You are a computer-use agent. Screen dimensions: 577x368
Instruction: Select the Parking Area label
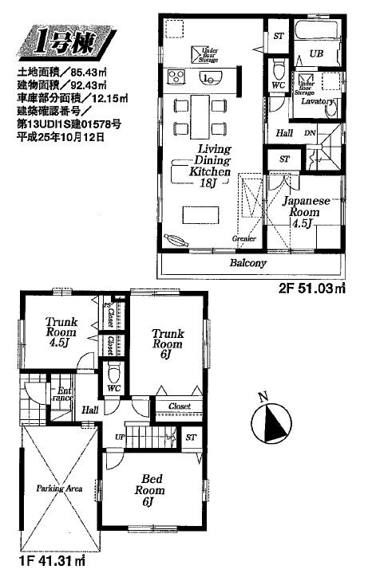pyautogui.click(x=59, y=488)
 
